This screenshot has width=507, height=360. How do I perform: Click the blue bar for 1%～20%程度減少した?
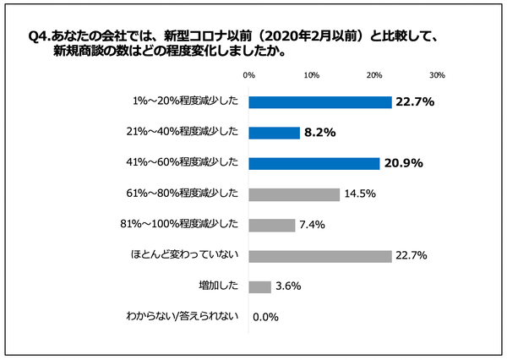point(320,102)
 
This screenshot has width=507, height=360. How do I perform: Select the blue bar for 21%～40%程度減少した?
point(275,133)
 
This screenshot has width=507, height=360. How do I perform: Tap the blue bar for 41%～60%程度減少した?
point(314,163)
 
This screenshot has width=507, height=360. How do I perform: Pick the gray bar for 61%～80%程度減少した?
point(294,194)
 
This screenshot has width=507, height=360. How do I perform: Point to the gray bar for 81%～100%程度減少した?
point(272,225)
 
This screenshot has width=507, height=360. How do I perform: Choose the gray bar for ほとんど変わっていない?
point(320,255)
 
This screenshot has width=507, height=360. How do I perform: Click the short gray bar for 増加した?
point(260,286)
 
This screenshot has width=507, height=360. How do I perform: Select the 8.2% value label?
point(321,133)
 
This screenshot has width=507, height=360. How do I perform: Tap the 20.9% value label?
point(402,163)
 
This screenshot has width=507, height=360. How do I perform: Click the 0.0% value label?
point(265,318)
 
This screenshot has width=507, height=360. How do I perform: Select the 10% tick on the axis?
point(311,75)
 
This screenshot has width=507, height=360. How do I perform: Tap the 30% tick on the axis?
point(437,75)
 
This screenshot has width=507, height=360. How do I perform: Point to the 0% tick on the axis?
point(249,75)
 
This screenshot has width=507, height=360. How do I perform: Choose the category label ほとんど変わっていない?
point(194,255)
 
